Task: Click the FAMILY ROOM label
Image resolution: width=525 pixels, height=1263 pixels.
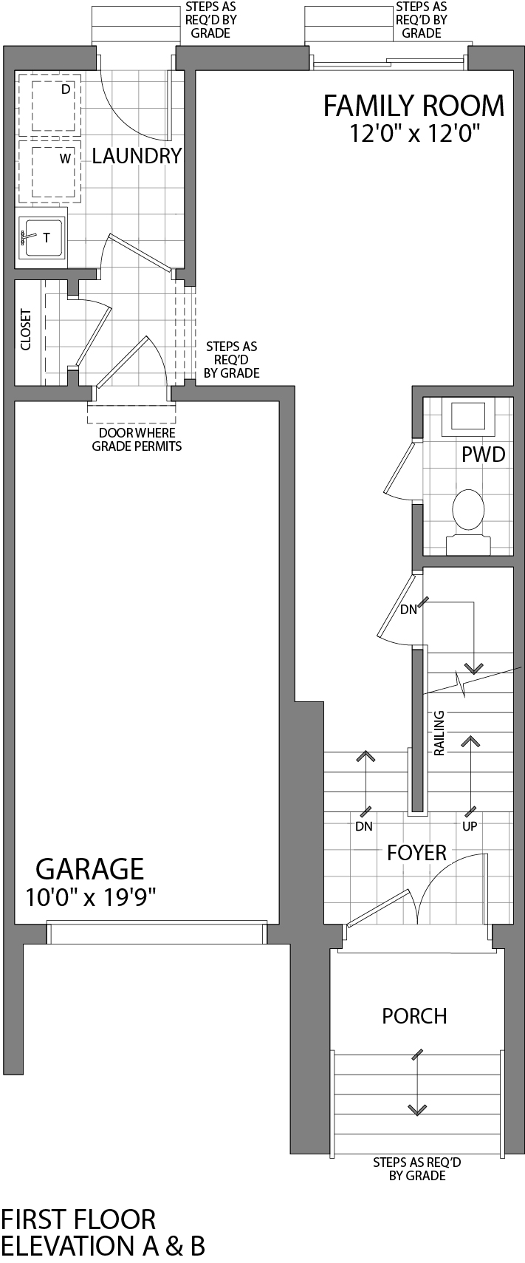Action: click(x=414, y=106)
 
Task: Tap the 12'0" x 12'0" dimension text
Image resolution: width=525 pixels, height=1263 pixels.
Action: click(x=415, y=134)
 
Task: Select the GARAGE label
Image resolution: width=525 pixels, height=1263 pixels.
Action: click(x=90, y=868)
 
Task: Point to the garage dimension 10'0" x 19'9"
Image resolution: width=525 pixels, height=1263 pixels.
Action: click(x=90, y=897)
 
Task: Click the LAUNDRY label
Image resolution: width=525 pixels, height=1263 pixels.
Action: click(x=137, y=156)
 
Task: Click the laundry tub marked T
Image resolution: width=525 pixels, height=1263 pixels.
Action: click(x=43, y=237)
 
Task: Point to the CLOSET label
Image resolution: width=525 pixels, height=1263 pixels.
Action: click(x=26, y=330)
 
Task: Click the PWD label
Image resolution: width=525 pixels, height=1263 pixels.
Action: click(x=483, y=455)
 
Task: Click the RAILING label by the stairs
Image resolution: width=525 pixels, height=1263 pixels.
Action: click(x=439, y=733)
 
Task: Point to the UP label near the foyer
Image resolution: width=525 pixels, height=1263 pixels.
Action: click(x=469, y=826)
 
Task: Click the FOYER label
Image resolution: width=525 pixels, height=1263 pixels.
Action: click(x=416, y=853)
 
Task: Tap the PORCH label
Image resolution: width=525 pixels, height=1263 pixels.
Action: click(x=414, y=1016)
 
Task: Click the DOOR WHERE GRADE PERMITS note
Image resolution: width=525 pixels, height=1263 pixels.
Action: click(x=137, y=439)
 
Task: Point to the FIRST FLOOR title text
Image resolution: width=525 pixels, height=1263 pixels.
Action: click(x=78, y=1219)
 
